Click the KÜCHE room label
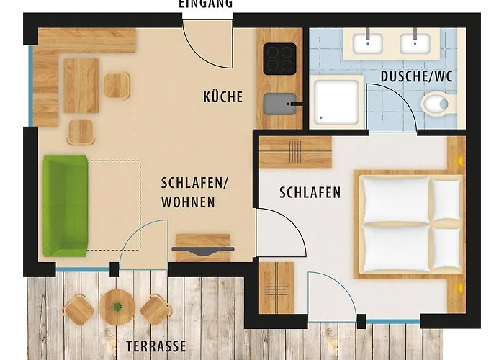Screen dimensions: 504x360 click(222, 97)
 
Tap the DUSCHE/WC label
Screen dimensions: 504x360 click(417, 76)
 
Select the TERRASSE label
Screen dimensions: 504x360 click(156, 346)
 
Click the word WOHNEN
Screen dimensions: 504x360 click(188, 202)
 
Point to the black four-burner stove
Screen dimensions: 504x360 click(279, 59)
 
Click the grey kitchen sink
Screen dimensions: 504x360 click(279, 104)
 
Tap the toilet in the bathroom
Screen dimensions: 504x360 click(438, 104)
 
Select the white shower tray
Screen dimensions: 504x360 click(336, 102)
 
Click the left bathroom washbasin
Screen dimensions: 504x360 click(368, 43)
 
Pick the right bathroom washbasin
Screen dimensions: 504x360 click(415, 43)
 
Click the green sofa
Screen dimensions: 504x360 click(66, 206)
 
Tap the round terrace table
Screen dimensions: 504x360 click(117, 307)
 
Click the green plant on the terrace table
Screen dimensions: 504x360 click(117, 307)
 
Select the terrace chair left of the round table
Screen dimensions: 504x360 click(78, 310)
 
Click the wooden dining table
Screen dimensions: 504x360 click(81, 86)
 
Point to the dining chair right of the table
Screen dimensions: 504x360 click(117, 86)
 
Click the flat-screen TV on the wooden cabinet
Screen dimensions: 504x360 click(203, 250)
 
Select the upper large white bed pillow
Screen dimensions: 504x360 click(395, 199)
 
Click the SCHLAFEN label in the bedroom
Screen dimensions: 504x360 click(310, 192)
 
